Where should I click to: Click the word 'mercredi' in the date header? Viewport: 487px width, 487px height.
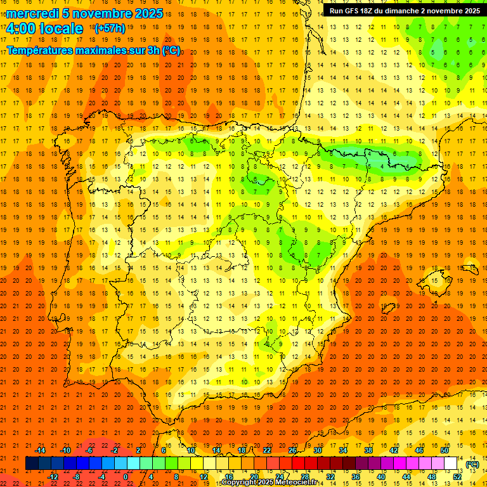tap(32, 13)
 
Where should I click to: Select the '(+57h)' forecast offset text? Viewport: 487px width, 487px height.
tap(110, 29)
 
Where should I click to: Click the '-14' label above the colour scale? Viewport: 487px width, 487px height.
tap(41, 450)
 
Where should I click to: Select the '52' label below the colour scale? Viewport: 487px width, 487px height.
tap(457, 477)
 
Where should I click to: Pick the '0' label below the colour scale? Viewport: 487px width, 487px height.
tap(126, 477)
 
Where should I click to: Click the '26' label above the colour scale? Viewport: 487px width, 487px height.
tap(292, 450)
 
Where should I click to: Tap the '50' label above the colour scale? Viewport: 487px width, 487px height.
tap(445, 450)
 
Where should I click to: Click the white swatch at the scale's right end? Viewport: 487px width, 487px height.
tap(451, 464)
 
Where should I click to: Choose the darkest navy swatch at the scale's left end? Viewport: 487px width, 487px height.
tap(32, 464)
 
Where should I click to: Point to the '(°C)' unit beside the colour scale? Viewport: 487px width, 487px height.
tap(472, 464)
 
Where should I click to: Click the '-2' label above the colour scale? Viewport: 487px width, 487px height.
tap(115, 450)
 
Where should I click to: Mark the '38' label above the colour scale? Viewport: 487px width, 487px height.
tap(368, 450)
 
